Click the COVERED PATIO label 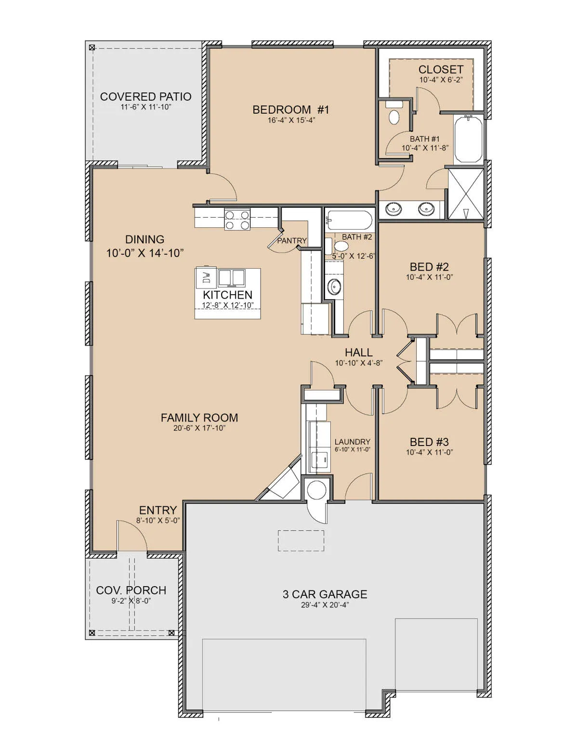pos(145,97)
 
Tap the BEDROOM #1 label pos(291,110)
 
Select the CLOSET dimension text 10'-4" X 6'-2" pos(441,80)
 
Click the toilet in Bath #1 pos(394,113)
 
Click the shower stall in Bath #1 pos(466,194)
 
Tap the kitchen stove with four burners pos(237,220)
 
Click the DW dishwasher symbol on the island pos(206,278)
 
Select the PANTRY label pos(291,241)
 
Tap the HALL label pos(359,353)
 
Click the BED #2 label pos(429,267)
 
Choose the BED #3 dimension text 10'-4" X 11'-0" pos(429,452)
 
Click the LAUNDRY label pos(352,442)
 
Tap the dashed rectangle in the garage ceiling pos(301,541)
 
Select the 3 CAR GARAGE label pos(325,594)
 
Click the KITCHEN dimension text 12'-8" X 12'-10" pos(228,305)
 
